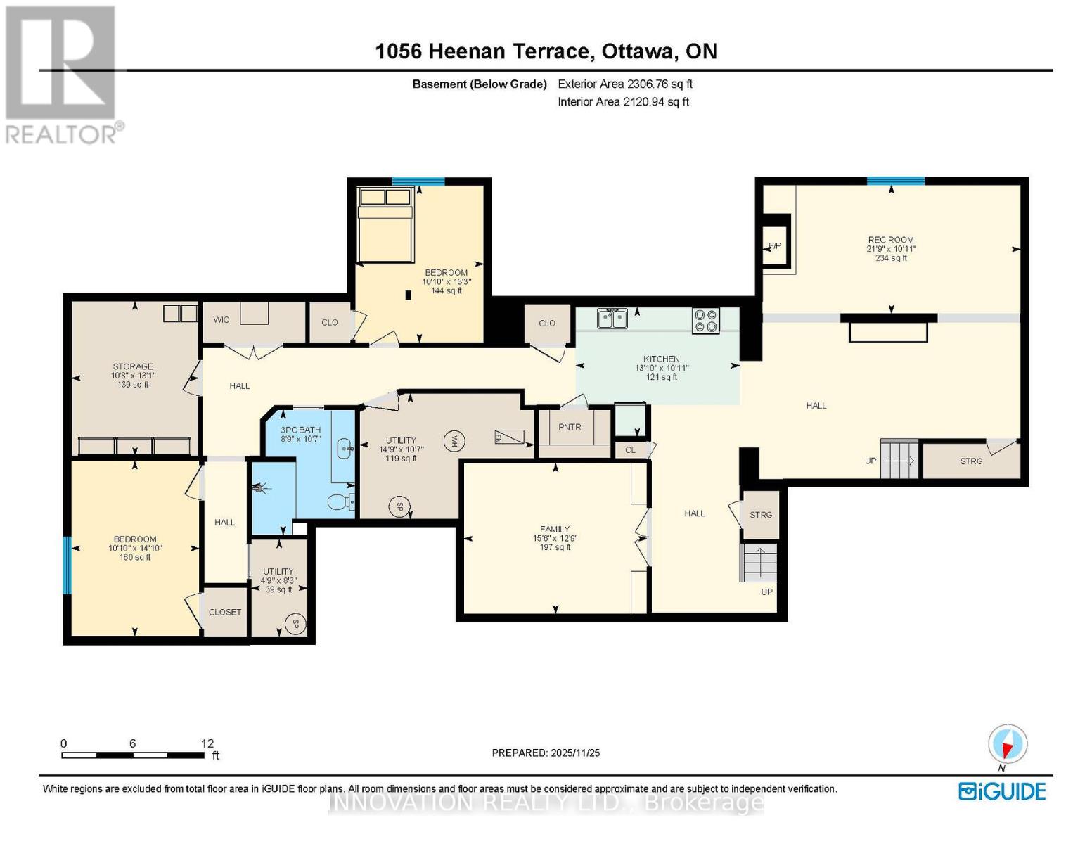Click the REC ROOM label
click(890, 240)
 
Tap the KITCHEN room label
click(661, 359)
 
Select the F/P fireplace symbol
click(775, 246)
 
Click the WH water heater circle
click(454, 441)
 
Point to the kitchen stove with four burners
click(706, 321)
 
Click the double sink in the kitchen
click(612, 319)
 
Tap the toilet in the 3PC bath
click(341, 502)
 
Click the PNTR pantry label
click(570, 427)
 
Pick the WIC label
click(221, 320)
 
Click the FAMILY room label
click(555, 529)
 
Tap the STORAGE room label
click(133, 366)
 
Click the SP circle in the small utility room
click(296, 624)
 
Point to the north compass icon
click(1008, 744)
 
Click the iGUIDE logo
click(1002, 791)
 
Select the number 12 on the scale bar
click(207, 743)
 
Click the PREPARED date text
click(546, 753)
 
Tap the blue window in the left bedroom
click(68, 565)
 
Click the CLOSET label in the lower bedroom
click(225, 612)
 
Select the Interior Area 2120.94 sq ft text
click(623, 102)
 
